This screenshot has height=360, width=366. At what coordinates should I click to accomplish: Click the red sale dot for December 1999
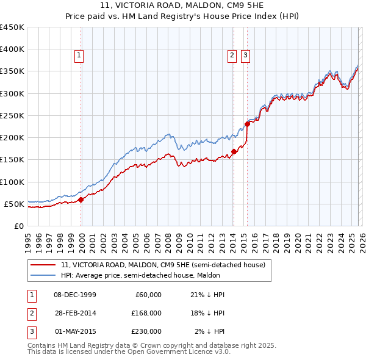coord(81,199)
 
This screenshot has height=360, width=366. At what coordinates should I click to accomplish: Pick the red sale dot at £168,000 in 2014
coord(234,152)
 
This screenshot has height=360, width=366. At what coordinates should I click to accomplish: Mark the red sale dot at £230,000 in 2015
coord(247,124)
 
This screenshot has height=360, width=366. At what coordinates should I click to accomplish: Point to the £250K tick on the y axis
coord(12,115)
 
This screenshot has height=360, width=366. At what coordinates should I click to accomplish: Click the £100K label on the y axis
coord(12,182)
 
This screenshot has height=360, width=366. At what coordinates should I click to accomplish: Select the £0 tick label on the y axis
coord(18,226)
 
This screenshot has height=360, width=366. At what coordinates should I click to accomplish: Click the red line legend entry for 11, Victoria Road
coord(163,265)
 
